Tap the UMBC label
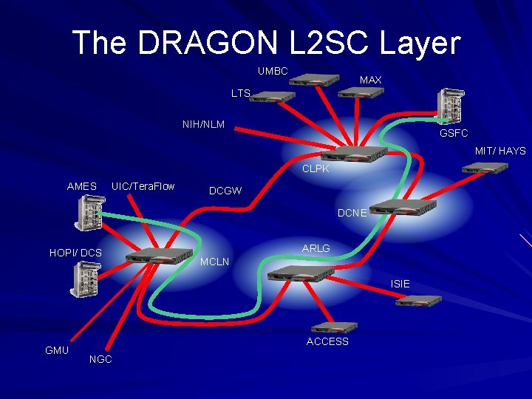point(273,72)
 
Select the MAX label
point(370,79)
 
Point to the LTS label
point(241,94)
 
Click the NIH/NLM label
point(203,124)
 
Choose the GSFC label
point(454,133)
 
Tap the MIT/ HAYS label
point(500,151)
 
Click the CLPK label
point(316,169)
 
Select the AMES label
point(81,186)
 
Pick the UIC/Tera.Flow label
point(143,186)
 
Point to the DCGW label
point(225,191)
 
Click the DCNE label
point(352,213)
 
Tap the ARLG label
point(316,248)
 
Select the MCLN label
point(215,262)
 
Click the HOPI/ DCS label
point(75,253)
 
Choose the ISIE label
point(400,284)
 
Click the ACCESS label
point(327,341)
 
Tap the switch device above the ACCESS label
point(334,327)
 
